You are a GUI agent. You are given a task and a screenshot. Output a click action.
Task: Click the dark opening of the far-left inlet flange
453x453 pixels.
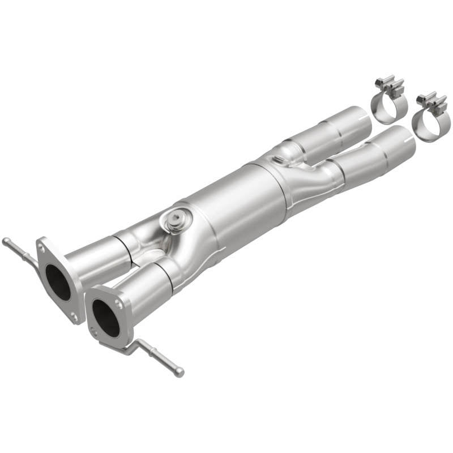point(58,282)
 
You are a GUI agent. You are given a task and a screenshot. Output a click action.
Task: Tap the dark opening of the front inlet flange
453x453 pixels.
point(106,317)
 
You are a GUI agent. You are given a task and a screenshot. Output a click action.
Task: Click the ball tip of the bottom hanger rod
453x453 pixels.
point(180,373)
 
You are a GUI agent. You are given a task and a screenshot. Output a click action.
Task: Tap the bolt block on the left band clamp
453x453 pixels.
point(392,86)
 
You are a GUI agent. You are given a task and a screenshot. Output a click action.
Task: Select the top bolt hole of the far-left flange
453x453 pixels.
point(42,245)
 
